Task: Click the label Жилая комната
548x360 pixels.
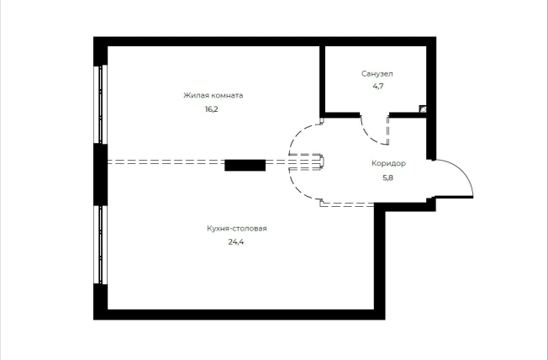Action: pyautogui.click(x=213, y=95)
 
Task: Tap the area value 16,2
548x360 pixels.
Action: pyautogui.click(x=212, y=109)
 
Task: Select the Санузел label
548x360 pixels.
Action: pyautogui.click(x=377, y=74)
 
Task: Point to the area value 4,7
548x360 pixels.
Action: pyautogui.click(x=377, y=86)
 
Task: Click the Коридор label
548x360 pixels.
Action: pyautogui.click(x=388, y=163)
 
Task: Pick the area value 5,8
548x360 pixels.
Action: pyautogui.click(x=388, y=177)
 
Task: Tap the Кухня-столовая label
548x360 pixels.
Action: pyautogui.click(x=237, y=229)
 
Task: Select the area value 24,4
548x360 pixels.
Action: pyautogui.click(x=236, y=241)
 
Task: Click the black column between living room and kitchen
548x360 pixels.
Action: pyautogui.click(x=245, y=165)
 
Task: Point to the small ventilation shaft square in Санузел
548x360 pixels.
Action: pyautogui.click(x=423, y=109)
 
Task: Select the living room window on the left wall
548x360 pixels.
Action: pyautogui.click(x=100, y=104)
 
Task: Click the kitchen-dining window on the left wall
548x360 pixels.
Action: pyautogui.click(x=100, y=244)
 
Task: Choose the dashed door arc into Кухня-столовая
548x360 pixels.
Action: pyautogui.click(x=297, y=189)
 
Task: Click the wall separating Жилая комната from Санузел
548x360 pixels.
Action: pyautogui.click(x=322, y=82)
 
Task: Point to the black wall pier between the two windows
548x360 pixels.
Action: pyautogui.click(x=100, y=175)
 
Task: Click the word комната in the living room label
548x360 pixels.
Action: pyautogui.click(x=227, y=95)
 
